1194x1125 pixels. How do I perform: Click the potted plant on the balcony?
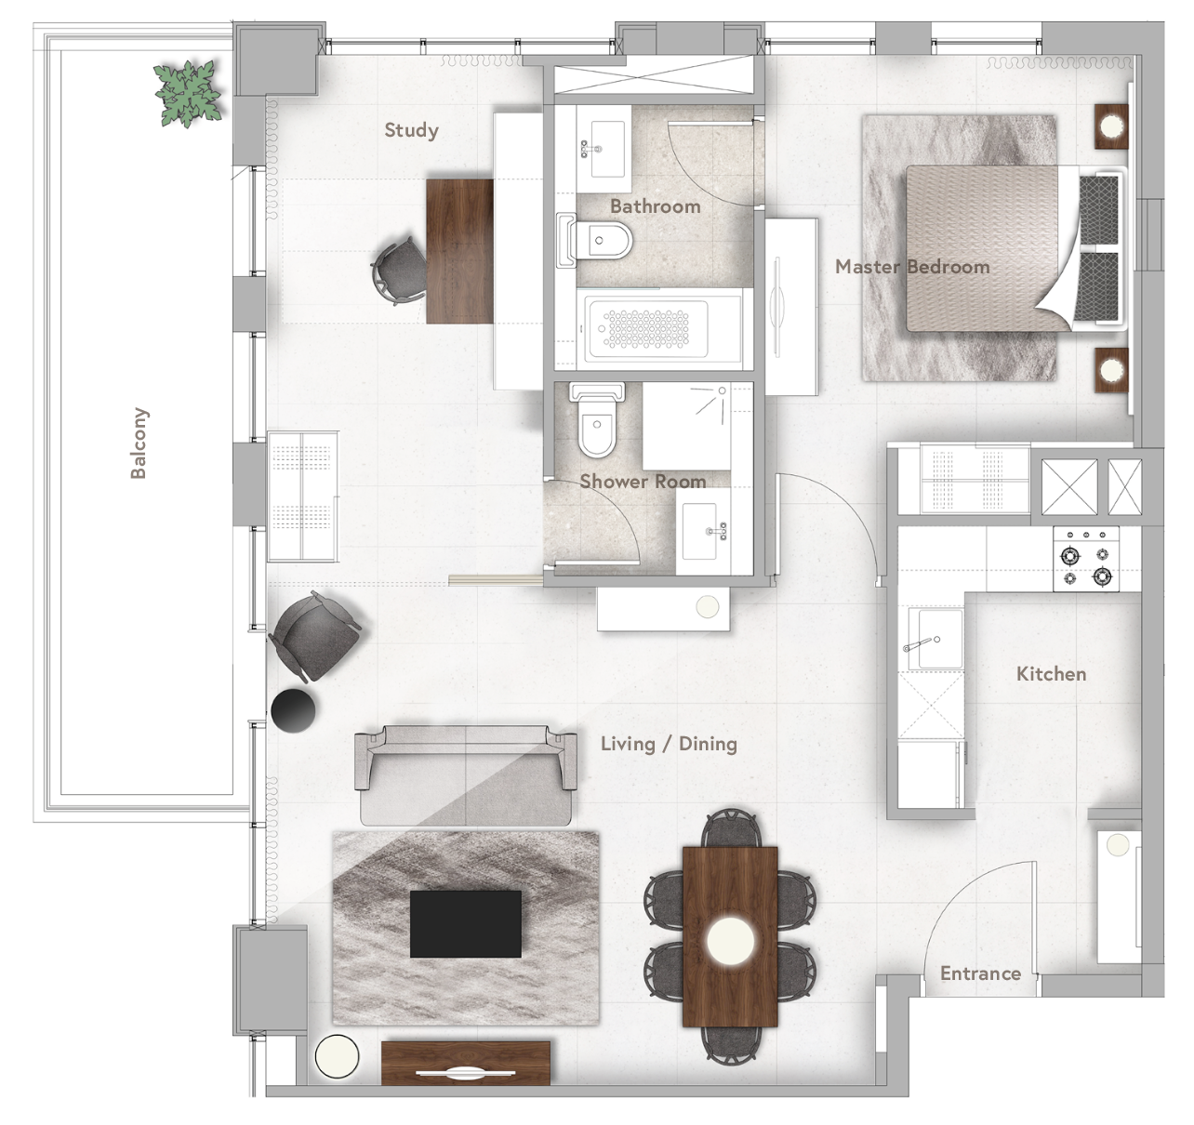(189, 93)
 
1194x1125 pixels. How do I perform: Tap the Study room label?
(411, 130)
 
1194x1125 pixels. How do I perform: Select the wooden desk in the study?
(459, 251)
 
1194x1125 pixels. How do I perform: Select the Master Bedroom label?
(911, 267)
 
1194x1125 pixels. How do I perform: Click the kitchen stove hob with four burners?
(1086, 558)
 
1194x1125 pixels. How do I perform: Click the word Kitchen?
(1051, 674)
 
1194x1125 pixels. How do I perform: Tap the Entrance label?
(980, 973)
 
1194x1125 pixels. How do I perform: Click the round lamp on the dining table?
(730, 941)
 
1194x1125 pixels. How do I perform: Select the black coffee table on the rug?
(466, 923)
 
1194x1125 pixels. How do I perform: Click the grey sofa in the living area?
(465, 775)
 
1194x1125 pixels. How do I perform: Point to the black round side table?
(293, 710)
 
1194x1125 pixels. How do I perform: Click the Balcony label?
(139, 443)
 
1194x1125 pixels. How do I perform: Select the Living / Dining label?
(668, 744)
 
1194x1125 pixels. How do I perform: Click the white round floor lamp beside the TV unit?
(337, 1055)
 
